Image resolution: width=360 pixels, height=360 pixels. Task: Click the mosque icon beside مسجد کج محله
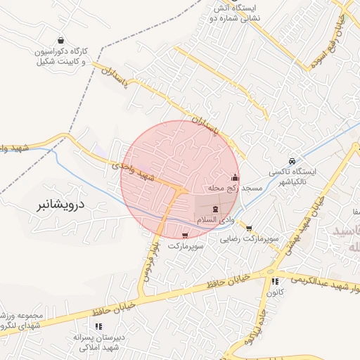click(234, 177)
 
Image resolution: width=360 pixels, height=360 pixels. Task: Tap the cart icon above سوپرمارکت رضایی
click(249, 228)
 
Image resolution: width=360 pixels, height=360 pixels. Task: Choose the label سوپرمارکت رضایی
click(247, 239)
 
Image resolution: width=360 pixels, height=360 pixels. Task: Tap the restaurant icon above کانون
click(275, 281)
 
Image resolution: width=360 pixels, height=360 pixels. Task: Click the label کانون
click(275, 292)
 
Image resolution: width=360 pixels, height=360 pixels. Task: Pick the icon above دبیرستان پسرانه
click(98, 326)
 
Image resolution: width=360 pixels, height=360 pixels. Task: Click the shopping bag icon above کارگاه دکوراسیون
click(62, 40)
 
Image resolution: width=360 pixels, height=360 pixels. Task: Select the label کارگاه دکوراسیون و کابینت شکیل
click(62, 57)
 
